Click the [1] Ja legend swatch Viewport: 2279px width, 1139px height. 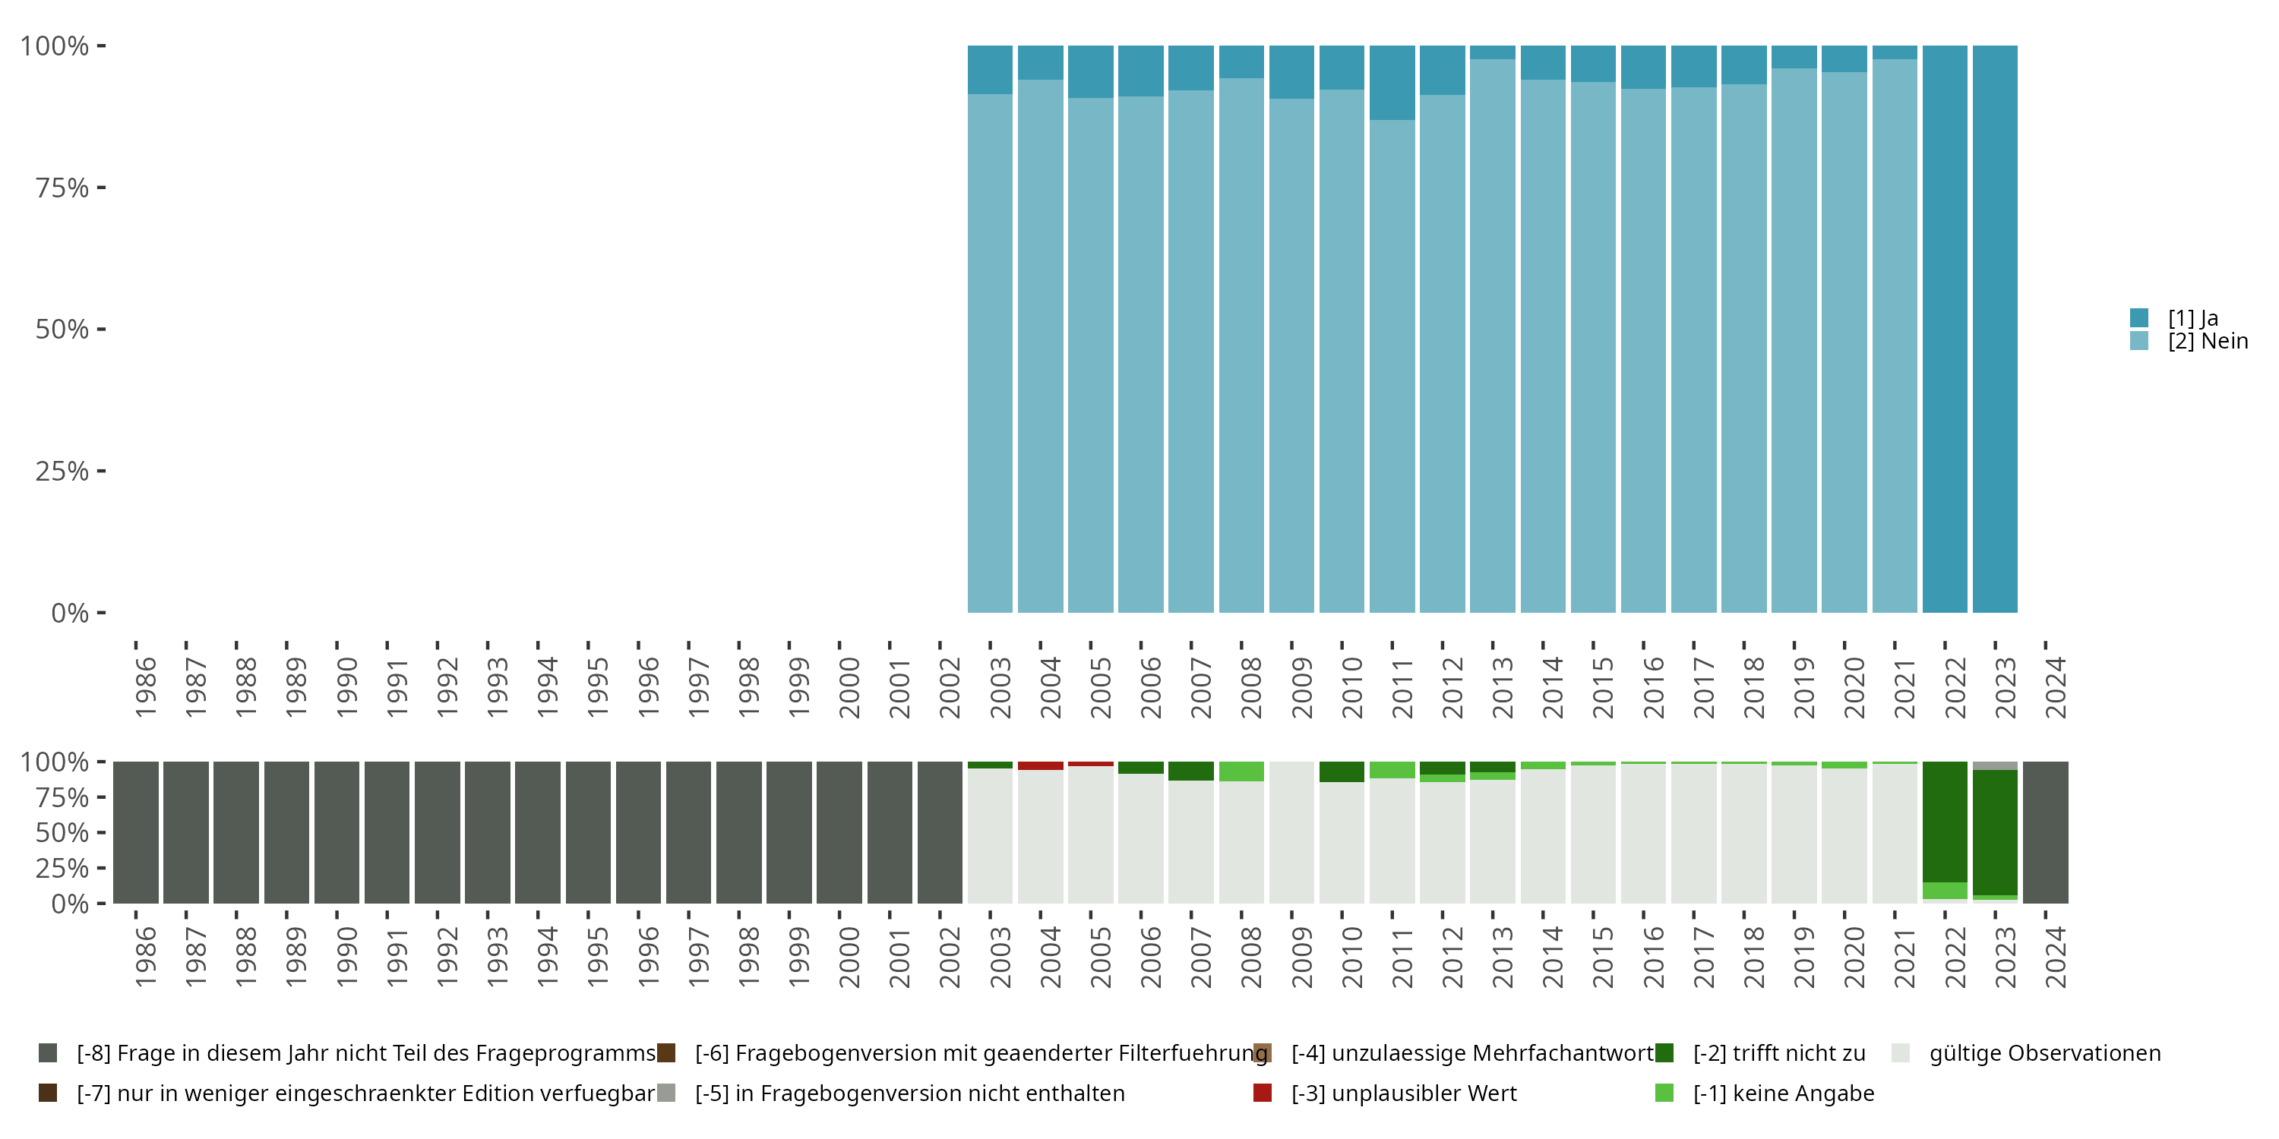click(x=2138, y=317)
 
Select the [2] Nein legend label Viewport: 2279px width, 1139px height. click(x=2208, y=342)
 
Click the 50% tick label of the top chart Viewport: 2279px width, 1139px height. click(x=62, y=330)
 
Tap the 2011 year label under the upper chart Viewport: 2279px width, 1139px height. click(x=1402, y=688)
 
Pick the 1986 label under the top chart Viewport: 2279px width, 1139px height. click(x=146, y=688)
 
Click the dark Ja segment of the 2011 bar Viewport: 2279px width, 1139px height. click(x=1392, y=82)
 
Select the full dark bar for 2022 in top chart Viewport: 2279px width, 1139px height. click(x=1945, y=329)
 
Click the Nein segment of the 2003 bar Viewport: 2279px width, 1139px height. click(x=990, y=354)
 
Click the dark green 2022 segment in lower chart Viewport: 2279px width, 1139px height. click(x=1945, y=822)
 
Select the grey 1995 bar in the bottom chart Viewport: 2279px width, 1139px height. click(x=588, y=832)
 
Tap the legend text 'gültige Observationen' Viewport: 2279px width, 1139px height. click(x=2044, y=1053)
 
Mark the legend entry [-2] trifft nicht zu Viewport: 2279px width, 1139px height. click(x=1778, y=1053)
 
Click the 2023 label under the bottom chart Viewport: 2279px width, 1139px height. click(x=2006, y=958)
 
